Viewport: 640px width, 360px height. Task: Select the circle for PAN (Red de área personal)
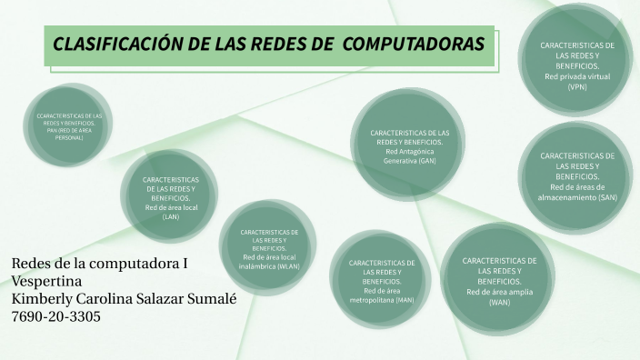pyautogui.click(x=69, y=127)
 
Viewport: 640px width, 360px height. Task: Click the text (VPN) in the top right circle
pyautogui.click(x=577, y=87)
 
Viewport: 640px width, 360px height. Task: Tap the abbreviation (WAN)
pyautogui.click(x=499, y=302)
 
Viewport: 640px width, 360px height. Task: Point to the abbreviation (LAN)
pyautogui.click(x=170, y=216)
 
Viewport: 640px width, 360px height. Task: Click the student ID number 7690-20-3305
pyautogui.click(x=56, y=316)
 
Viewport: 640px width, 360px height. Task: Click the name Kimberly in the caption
pyautogui.click(x=43, y=299)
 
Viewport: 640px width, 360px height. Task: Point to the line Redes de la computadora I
pyautogui.click(x=100, y=265)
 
